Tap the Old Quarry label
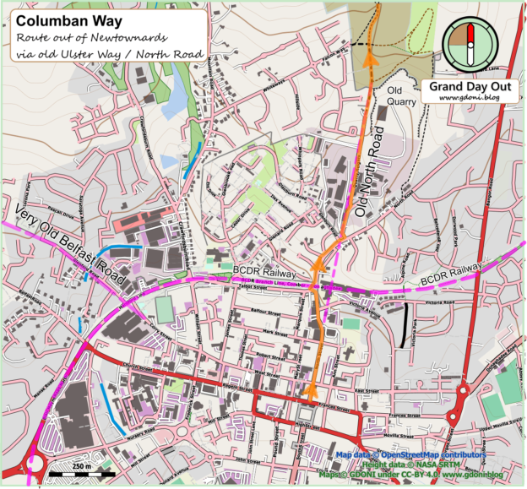400,95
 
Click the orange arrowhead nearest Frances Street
312,388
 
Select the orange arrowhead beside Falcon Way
368,57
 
